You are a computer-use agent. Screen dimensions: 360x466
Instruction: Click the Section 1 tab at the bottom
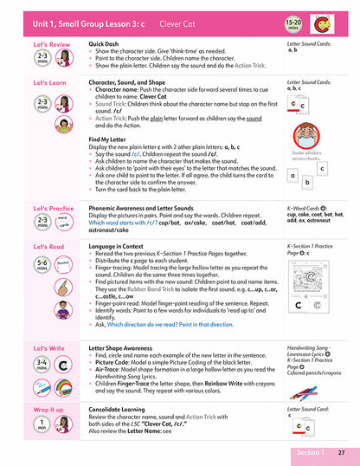(309, 453)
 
